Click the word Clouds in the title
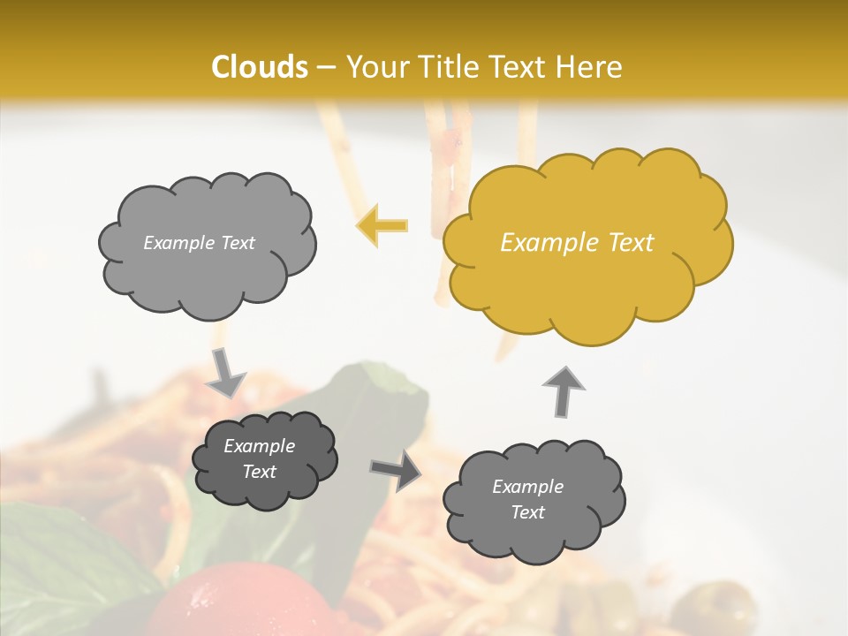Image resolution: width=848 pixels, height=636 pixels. (260, 67)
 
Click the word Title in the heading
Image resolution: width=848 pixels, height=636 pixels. (449, 67)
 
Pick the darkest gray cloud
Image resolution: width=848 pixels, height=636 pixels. (264, 459)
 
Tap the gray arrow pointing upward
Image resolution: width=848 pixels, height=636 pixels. (563, 390)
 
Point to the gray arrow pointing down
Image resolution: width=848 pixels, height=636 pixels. (226, 372)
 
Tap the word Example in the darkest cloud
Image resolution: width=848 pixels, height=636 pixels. (259, 446)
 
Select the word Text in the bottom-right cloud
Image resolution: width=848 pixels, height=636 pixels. (527, 512)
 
